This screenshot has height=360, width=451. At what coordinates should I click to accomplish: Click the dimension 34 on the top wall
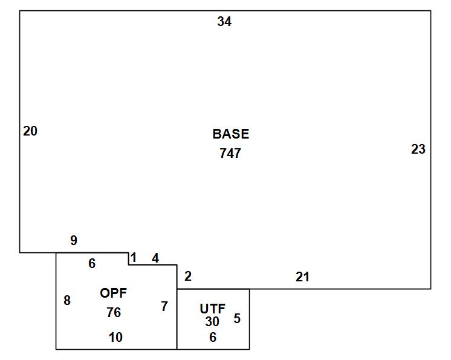224,21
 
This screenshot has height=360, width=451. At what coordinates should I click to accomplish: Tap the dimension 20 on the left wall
30,131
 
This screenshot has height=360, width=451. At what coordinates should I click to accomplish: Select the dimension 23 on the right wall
418,149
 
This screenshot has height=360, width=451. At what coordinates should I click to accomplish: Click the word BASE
231,134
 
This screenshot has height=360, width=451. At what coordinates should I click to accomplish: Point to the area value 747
230,154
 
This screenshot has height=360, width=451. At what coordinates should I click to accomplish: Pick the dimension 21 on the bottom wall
303,277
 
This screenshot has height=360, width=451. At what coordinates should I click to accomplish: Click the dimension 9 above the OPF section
74,240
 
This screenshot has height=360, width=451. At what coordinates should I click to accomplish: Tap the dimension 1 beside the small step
134,258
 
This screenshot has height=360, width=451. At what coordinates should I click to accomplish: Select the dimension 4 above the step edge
155,258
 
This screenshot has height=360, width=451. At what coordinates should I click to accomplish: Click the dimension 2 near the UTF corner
188,277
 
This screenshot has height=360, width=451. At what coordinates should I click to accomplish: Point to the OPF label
113,293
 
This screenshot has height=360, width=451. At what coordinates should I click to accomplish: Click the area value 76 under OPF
114,313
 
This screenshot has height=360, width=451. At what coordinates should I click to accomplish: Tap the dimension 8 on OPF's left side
67,301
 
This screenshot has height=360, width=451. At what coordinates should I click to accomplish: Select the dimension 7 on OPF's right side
164,307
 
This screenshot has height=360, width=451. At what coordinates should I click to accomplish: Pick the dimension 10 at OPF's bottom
115,337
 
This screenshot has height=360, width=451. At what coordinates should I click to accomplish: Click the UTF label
213,309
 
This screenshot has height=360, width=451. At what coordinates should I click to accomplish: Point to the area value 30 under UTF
212,322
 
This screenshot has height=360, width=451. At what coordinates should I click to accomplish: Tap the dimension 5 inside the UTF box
237,319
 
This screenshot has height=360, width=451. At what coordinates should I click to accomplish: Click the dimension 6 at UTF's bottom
213,337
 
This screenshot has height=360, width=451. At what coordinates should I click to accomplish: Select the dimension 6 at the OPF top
92,264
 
